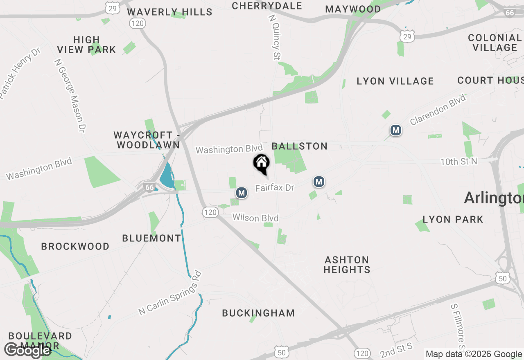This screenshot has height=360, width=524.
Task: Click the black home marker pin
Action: click(x=261, y=164)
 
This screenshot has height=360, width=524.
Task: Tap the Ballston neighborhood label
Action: click(x=299, y=146)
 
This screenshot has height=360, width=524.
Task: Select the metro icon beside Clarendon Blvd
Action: click(x=395, y=130)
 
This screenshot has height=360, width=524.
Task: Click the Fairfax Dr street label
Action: click(x=275, y=188)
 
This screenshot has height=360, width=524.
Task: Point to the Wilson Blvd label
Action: click(x=255, y=218)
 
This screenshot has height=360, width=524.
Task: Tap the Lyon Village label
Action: click(x=395, y=81)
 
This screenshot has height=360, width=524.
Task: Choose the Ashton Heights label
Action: click(x=347, y=265)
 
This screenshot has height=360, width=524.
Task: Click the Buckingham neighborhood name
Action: click(x=258, y=313)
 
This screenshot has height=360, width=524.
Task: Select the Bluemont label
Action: click(x=151, y=238)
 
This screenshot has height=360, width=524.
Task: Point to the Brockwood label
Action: click(x=75, y=246)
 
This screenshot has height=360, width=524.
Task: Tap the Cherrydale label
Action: click(x=267, y=6)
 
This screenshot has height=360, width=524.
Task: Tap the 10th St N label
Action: click(x=459, y=162)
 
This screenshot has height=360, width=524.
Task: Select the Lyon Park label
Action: click(x=453, y=219)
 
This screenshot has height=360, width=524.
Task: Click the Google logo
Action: click(x=27, y=350)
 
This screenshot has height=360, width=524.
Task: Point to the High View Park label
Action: click(x=86, y=45)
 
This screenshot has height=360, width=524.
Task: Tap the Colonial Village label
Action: click(x=495, y=43)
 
